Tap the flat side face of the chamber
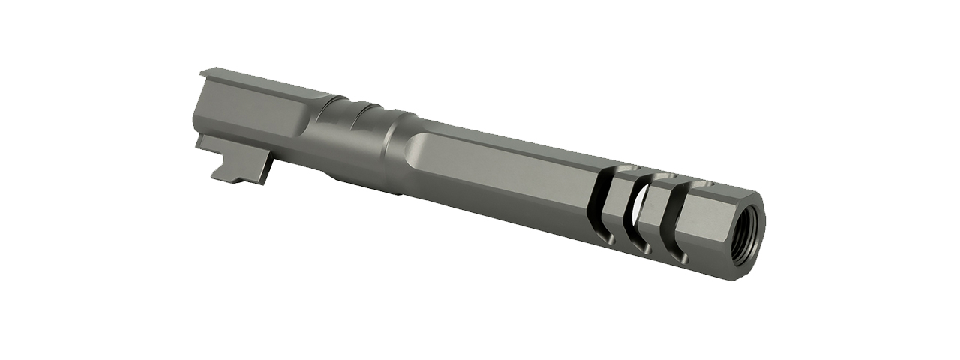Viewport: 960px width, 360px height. point(247,120)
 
